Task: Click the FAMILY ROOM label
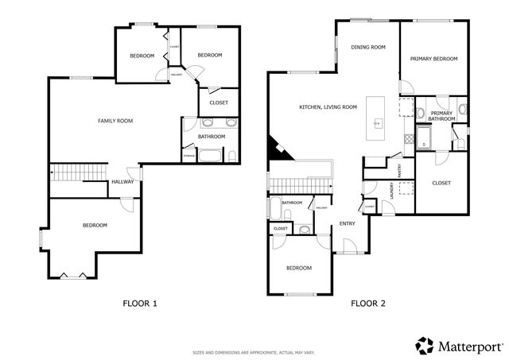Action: click(115, 121)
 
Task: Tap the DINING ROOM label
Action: click(368, 48)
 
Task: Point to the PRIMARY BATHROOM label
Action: click(441, 117)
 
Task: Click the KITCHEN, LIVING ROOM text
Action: click(328, 106)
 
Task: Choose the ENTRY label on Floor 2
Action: click(348, 223)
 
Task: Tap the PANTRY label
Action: click(399, 170)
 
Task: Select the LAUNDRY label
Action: click(392, 192)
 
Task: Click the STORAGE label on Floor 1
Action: click(188, 156)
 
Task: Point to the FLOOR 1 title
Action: click(139, 303)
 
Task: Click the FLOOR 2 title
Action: click(367, 303)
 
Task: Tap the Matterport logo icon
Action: click(425, 344)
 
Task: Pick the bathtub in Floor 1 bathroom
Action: click(212, 155)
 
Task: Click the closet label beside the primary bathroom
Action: click(441, 183)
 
